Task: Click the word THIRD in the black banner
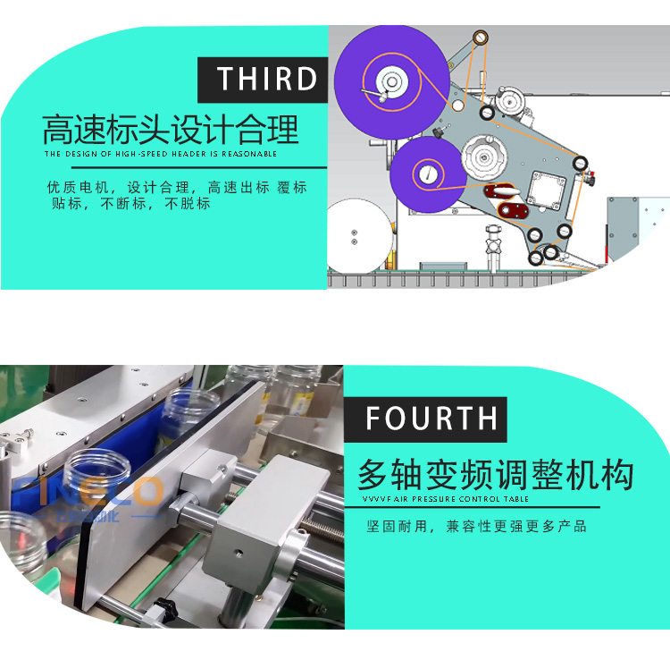pyautogui.click(x=267, y=80)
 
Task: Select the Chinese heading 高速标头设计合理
pyautogui.click(x=171, y=130)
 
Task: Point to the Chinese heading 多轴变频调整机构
pyautogui.click(x=495, y=472)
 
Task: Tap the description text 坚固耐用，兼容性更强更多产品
pyautogui.click(x=477, y=526)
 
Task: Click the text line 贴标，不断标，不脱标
pyautogui.click(x=130, y=204)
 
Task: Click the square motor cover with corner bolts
pyautogui.click(x=545, y=191)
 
